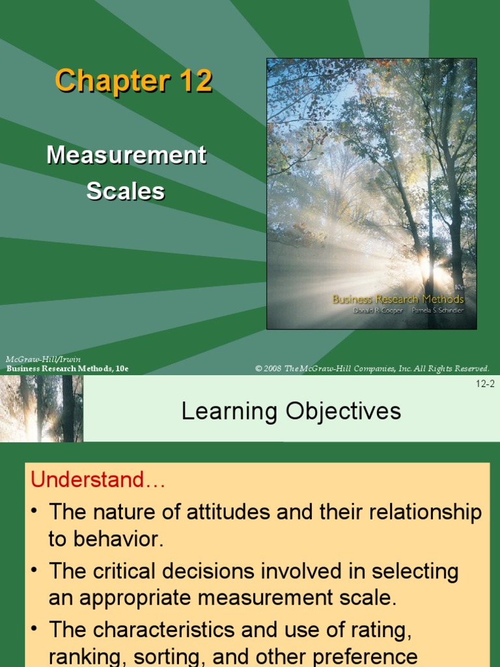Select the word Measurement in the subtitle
coord(126,155)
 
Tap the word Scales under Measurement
coord(126,191)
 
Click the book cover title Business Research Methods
coord(398,299)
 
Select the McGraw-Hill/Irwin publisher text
coord(43,360)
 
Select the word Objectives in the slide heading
coord(339,411)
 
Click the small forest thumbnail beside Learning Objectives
coord(42,408)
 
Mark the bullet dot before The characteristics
coord(36,630)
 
